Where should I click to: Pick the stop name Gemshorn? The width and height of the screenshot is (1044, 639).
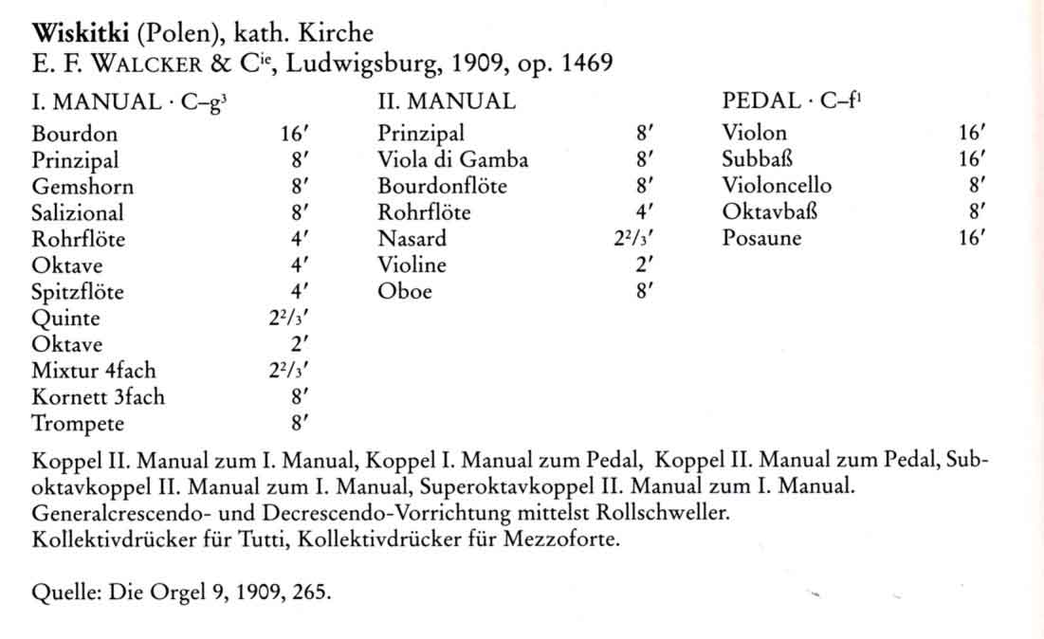[82, 187]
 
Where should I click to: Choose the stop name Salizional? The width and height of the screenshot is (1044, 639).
[78, 213]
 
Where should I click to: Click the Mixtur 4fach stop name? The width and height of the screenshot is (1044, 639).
[93, 371]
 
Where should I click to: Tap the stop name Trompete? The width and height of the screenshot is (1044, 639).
[78, 424]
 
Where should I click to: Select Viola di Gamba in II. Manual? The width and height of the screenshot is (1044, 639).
[452, 160]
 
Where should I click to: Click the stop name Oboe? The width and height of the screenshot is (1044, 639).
[404, 292]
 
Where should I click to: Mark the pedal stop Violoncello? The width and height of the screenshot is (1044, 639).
[777, 186]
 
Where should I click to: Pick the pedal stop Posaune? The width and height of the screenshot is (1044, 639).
[761, 239]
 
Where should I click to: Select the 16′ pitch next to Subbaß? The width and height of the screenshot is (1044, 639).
[972, 160]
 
